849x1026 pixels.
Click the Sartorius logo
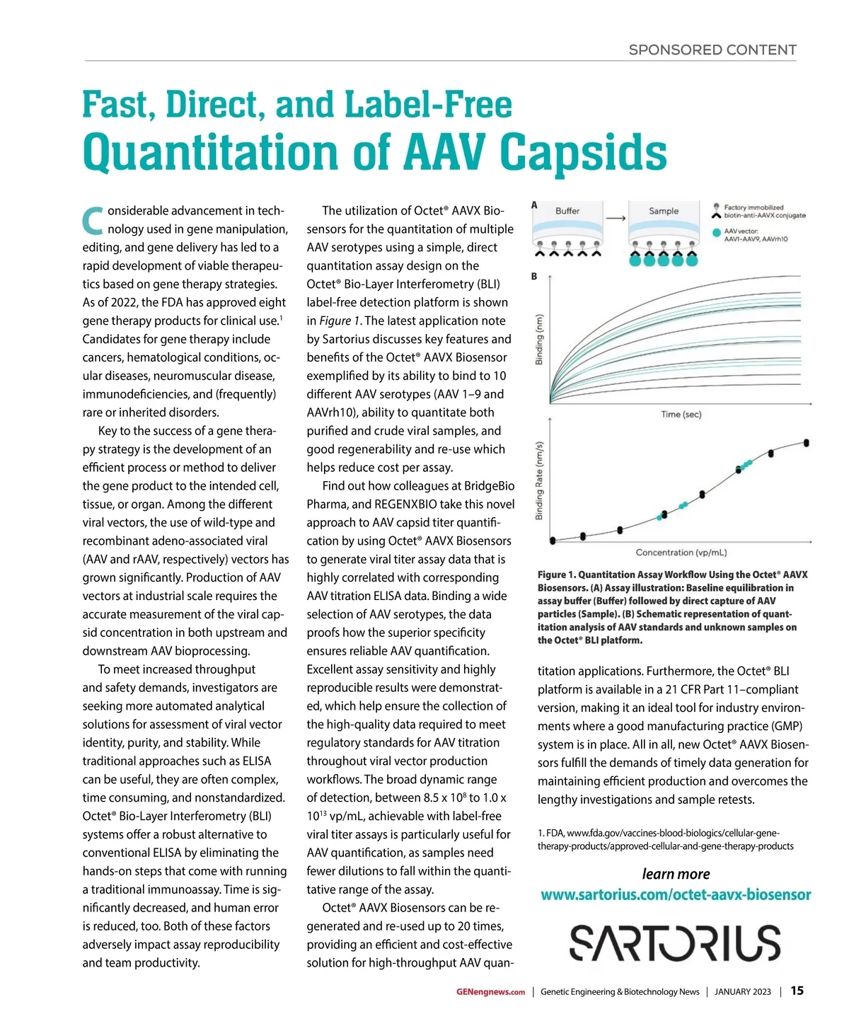[x=675, y=943]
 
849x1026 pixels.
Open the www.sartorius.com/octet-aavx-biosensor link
[x=676, y=895]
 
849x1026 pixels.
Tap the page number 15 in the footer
[x=797, y=991]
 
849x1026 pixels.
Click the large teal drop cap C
[x=93, y=221]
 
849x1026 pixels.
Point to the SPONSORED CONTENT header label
[x=712, y=50]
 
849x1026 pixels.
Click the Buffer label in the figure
[x=567, y=211]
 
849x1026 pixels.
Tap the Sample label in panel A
[x=664, y=211]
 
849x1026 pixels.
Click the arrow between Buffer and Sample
[x=616, y=218]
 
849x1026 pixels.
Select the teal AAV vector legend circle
[x=717, y=232]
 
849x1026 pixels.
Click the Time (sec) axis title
[x=681, y=415]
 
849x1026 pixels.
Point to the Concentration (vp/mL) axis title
[x=681, y=553]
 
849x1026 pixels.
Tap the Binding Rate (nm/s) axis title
[x=540, y=480]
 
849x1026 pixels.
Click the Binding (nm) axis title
[x=540, y=339]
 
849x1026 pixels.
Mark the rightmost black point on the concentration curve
[x=807, y=443]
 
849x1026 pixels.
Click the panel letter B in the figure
[x=534, y=276]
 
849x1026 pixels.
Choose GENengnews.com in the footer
[x=490, y=992]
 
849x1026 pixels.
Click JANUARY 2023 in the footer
[x=742, y=992]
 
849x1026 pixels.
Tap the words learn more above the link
[x=676, y=874]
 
